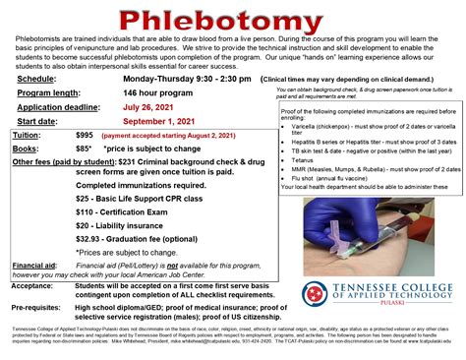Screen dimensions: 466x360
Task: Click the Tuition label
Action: click(29, 132)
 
